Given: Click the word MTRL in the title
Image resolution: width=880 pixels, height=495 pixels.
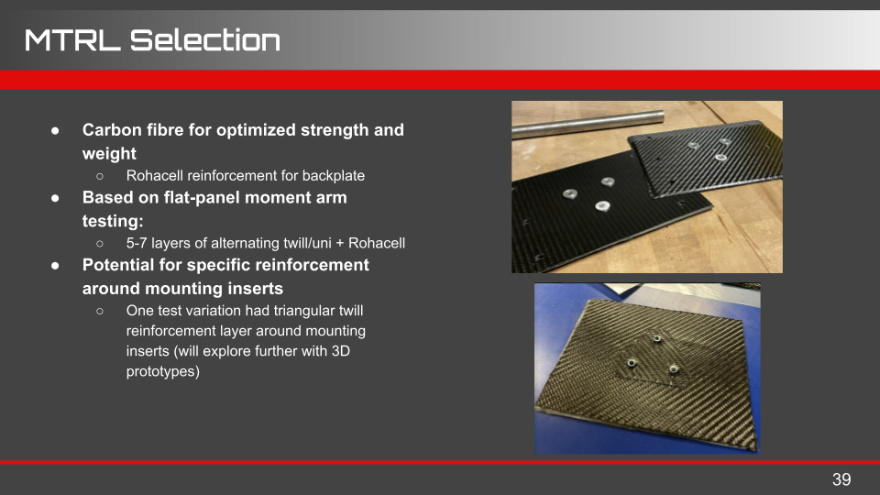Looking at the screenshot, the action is tap(72, 39).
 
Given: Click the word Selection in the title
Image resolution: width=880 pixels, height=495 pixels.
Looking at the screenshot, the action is tap(205, 39).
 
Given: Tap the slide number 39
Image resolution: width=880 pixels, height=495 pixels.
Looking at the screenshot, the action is tap(841, 479).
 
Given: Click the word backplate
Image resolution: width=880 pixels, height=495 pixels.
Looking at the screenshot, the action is tap(334, 176).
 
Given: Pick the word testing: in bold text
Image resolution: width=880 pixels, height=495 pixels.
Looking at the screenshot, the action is tap(113, 221).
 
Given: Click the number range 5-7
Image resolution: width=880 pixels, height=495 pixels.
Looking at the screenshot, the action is tap(137, 243).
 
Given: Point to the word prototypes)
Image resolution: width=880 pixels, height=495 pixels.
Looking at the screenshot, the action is tap(163, 371).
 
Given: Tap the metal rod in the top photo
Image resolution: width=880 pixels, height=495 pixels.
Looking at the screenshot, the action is tap(588, 124).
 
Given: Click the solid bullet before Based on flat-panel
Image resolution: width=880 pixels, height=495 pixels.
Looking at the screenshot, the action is tap(55, 198).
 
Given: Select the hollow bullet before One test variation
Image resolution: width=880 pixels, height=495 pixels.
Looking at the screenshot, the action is tap(100, 311).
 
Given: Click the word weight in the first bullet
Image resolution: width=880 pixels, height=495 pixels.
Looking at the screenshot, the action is tap(109, 154).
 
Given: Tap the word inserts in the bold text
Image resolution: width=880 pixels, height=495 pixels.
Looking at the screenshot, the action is tap(257, 289).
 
